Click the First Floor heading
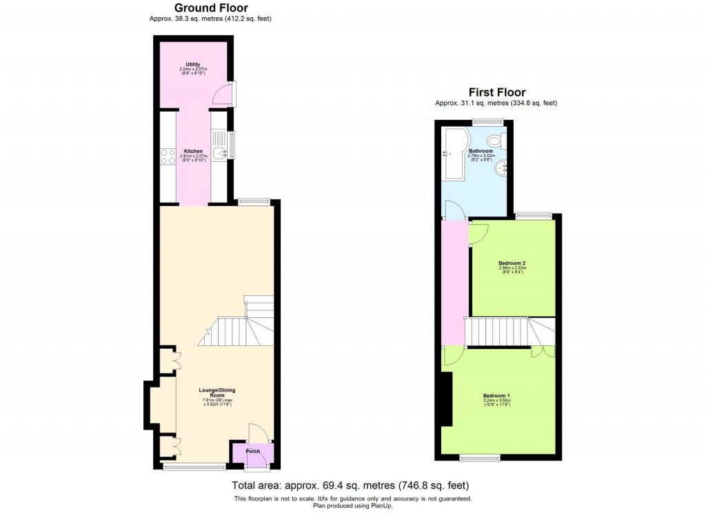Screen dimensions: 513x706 click(496, 92)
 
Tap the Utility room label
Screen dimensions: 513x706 click(192, 65)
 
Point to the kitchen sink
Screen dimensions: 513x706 click(218, 154)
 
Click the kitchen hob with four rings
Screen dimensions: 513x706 click(168, 156)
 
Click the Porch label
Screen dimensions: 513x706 click(253, 452)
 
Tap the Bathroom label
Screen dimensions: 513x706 click(481, 151)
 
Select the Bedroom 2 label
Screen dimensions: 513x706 click(512, 263)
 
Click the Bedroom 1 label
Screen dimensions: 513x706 click(496, 396)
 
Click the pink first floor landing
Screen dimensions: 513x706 click(454, 283)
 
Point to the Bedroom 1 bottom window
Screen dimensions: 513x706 click(481, 457)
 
